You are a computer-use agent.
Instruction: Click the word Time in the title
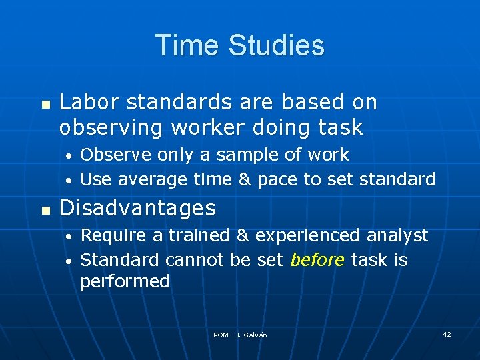[x=187, y=45]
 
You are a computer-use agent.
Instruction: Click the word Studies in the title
[x=276, y=45]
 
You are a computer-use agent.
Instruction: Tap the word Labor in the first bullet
[x=84, y=103]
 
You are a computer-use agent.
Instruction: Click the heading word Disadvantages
[x=137, y=209]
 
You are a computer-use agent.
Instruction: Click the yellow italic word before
[x=317, y=259]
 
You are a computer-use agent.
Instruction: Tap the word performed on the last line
[x=125, y=281]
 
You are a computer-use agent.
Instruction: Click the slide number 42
[x=447, y=334]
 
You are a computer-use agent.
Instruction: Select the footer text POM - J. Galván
[x=240, y=335]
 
